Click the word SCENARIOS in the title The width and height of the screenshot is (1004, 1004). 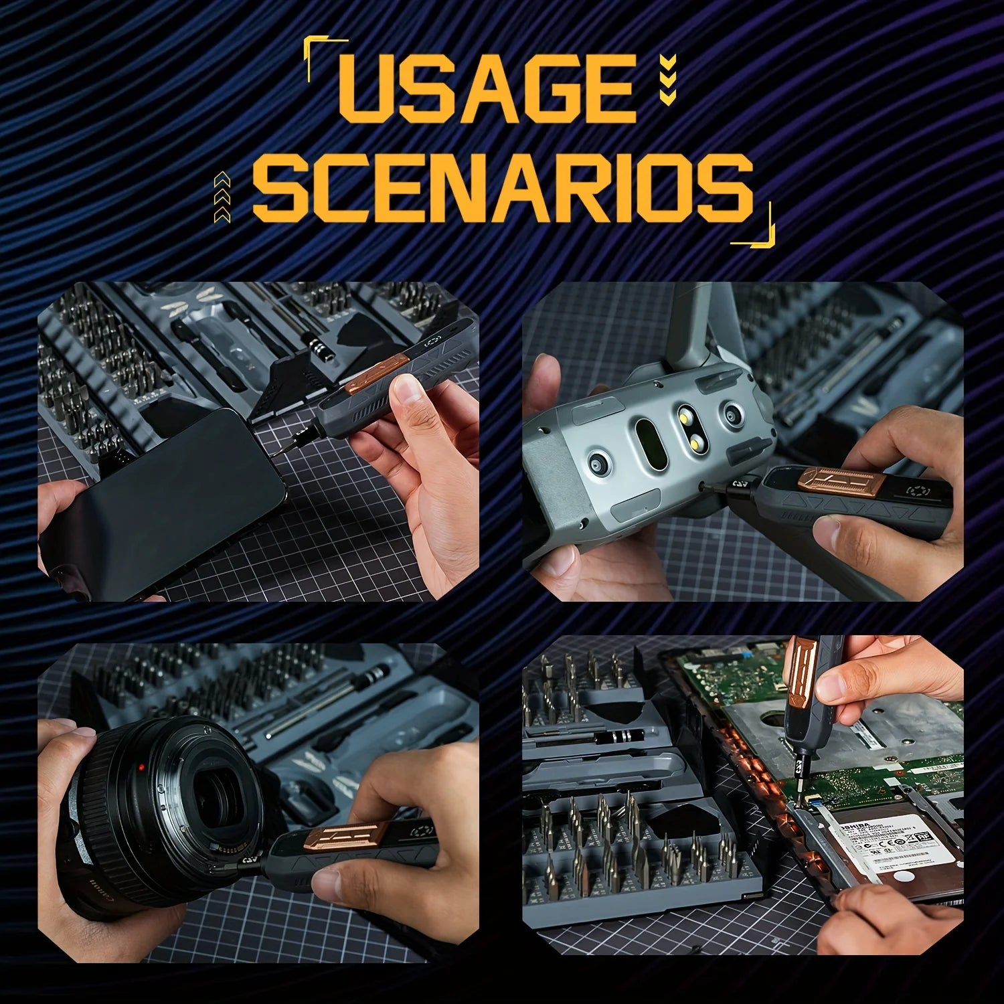click(x=502, y=188)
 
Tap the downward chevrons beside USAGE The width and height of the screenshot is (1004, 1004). click(x=667, y=81)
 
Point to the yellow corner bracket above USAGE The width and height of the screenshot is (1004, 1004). click(x=315, y=47)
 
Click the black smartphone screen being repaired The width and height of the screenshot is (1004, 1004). click(x=174, y=495)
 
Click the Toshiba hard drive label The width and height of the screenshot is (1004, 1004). click(x=897, y=840)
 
